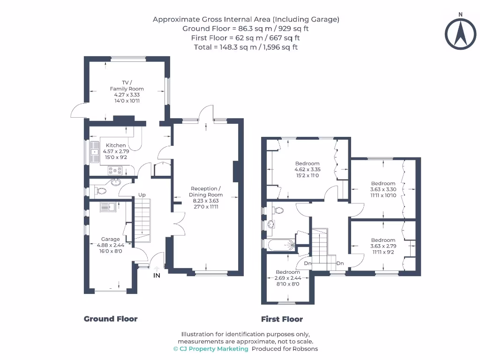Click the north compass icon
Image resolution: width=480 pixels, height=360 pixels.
point(460,33)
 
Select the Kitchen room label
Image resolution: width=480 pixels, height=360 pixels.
point(115,145)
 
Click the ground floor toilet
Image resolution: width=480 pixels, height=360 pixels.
point(99,191)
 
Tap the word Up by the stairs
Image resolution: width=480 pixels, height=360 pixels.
point(141,195)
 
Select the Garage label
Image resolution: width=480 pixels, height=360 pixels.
point(111,239)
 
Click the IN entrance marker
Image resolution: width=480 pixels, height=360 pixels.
point(157,276)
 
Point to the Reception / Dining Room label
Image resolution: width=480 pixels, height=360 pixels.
point(206,191)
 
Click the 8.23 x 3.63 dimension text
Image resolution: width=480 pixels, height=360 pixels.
point(206,201)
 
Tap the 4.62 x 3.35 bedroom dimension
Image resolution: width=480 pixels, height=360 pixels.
point(307,170)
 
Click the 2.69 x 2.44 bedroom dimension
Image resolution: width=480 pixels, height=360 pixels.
point(287,278)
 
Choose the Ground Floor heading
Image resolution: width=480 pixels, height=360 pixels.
point(111,319)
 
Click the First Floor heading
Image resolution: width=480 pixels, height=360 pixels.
point(282,319)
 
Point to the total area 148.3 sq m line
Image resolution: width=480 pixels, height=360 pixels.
point(246,47)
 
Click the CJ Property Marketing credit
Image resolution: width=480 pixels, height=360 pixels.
point(211,349)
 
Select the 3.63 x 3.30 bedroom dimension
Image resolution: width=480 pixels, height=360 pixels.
point(383,189)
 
